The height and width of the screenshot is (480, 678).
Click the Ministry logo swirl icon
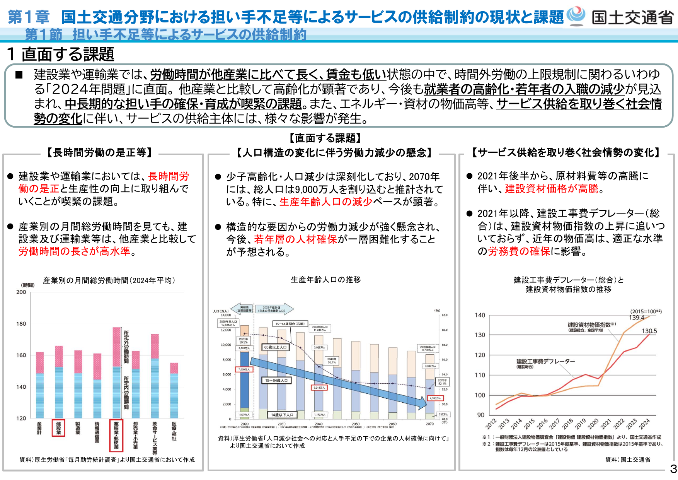tap(576, 15)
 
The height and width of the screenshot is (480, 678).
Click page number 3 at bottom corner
tap(673, 469)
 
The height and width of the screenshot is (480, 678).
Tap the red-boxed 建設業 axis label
tap(58, 428)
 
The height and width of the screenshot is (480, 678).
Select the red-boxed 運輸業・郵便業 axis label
tap(116, 436)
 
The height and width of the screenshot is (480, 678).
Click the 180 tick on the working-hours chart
tap(21, 324)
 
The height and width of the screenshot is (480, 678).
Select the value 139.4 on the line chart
tap(636, 318)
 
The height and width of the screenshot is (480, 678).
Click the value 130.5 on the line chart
tap(649, 331)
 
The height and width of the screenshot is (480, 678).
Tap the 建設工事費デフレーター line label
tap(545, 361)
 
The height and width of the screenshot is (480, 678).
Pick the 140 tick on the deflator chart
tap(480, 315)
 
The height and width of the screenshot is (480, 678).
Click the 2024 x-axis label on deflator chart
tap(644, 424)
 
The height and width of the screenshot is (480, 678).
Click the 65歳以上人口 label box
tap(275, 347)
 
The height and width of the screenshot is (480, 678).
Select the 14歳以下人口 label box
tap(282, 415)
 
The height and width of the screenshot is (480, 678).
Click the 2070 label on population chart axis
tap(429, 424)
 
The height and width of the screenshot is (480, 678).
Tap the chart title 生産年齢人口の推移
tap(325, 280)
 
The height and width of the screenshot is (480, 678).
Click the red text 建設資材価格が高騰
tap(552, 189)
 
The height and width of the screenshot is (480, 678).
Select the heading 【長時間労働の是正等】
tap(99, 153)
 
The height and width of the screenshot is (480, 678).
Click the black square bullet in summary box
tap(19, 75)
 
